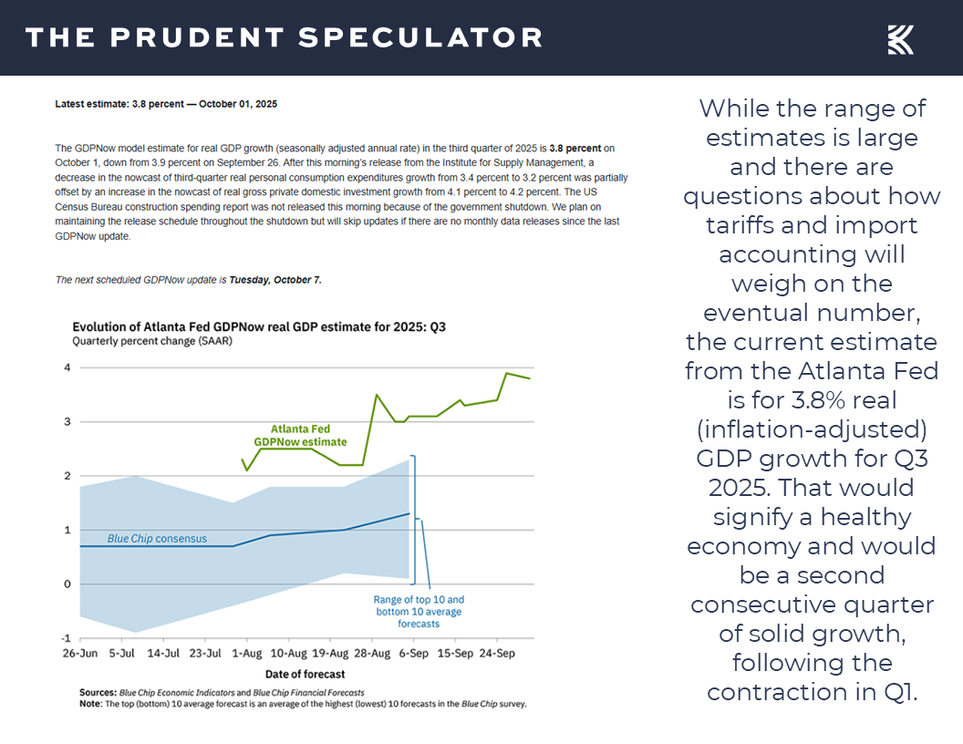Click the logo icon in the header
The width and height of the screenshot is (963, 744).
900,38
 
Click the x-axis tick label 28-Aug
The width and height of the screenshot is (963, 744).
373,654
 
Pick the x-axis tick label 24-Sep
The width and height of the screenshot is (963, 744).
497,654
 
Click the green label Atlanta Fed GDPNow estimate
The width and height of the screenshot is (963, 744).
301,435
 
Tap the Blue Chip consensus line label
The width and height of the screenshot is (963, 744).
157,539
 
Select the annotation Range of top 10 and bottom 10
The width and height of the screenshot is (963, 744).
419,611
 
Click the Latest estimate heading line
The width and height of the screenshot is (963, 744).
166,104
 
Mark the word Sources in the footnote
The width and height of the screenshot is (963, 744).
98,693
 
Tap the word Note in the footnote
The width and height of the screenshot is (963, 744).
90,704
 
